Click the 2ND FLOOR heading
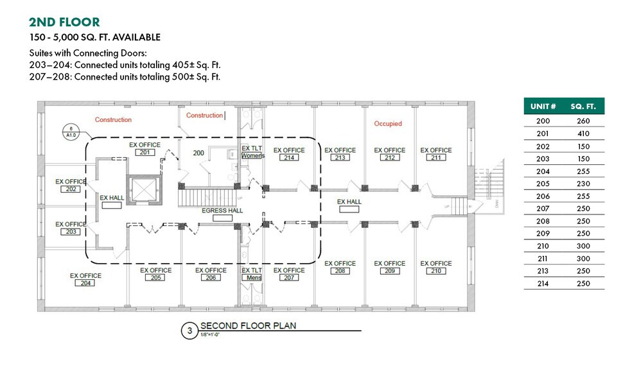point(65,22)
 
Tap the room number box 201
point(145,152)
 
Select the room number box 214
point(289,158)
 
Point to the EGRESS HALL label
point(222,211)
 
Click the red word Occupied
point(387,123)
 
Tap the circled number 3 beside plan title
point(189,331)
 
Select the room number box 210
point(436,271)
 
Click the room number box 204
point(85,283)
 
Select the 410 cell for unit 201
point(583,134)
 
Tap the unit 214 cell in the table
point(543,283)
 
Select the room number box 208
point(340,271)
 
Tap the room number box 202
point(71,189)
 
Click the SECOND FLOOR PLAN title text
point(248,325)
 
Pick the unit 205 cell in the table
point(543,184)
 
